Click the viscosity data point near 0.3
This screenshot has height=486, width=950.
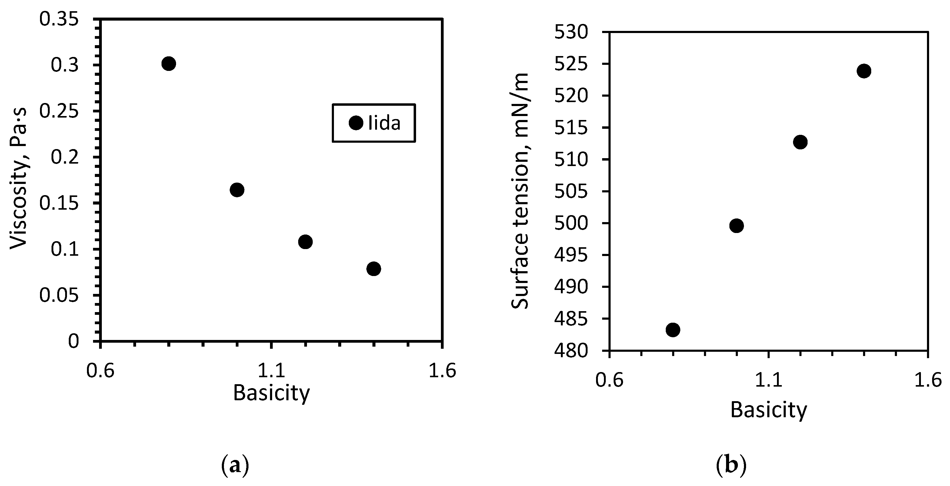point(168,64)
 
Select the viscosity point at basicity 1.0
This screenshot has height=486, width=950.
point(237,190)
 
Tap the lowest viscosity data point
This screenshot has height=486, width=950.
point(374,269)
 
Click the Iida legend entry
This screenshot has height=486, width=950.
point(374,123)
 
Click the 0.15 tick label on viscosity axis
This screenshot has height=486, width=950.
point(59,204)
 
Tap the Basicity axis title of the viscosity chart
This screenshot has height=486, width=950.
point(272,393)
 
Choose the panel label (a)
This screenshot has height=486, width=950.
point(235,466)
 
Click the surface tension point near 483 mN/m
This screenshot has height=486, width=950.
point(673,330)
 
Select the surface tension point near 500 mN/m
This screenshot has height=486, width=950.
point(736,226)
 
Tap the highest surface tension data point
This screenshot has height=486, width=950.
point(864,71)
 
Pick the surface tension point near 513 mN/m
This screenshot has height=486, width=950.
point(800,142)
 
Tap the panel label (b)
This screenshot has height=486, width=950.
point(731,466)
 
